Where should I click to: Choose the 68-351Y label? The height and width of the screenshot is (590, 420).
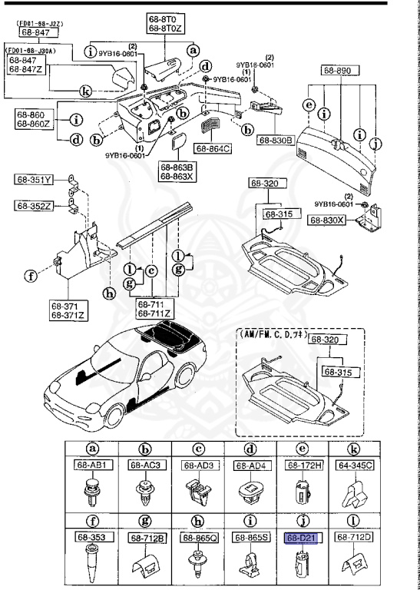coord(33,181)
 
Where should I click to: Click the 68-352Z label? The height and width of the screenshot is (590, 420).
coord(33,205)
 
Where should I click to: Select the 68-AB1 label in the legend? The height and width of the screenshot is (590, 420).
coord(91,465)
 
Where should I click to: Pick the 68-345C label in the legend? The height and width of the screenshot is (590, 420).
coord(352,465)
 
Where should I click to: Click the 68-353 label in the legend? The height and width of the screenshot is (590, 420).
coord(91,539)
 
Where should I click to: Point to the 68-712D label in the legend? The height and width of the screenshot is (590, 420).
coord(352,539)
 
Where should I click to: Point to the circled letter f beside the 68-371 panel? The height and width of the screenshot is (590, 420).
coord(30,275)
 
